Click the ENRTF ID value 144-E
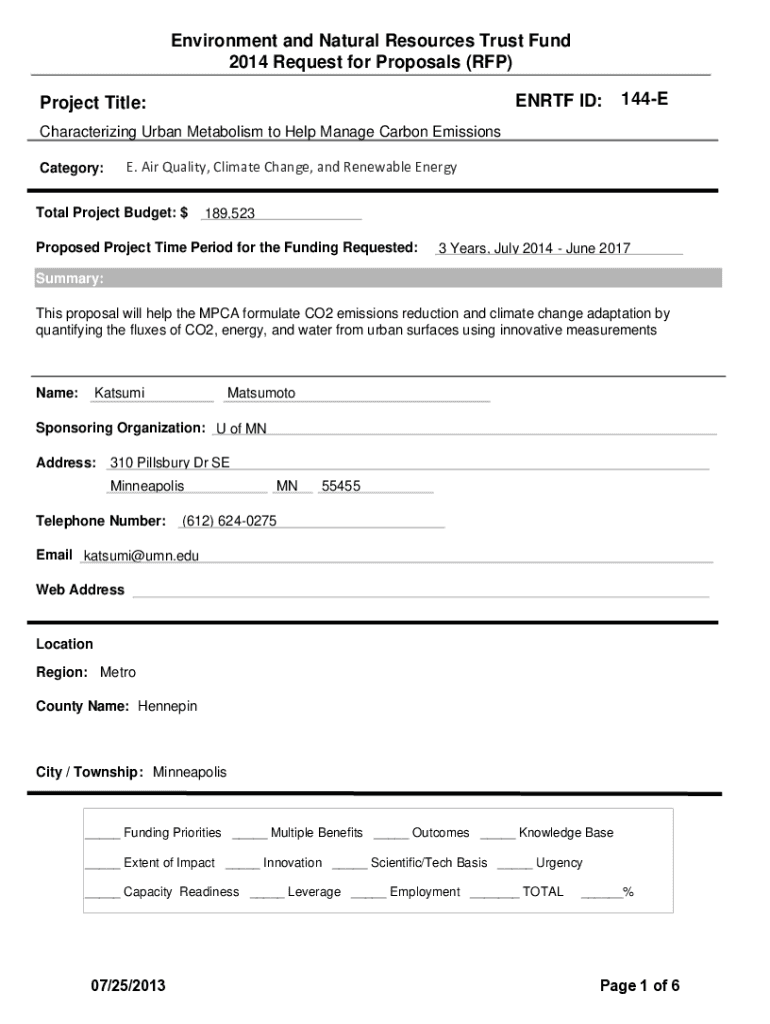[645, 99]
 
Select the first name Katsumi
[119, 393]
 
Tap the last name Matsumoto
[261, 393]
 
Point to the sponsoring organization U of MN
[241, 429]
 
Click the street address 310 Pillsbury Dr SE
[169, 463]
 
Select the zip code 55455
[341, 487]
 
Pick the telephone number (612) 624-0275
[229, 521]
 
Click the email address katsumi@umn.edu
[141, 556]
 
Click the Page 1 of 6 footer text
[640, 986]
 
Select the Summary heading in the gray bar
[69, 279]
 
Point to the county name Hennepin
[167, 706]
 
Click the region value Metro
[117, 672]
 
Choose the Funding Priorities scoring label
[172, 833]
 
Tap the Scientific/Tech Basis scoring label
[429, 863]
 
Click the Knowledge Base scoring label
[566, 833]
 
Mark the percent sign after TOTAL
[628, 892]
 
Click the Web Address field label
[80, 590]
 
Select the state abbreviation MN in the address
[287, 487]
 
